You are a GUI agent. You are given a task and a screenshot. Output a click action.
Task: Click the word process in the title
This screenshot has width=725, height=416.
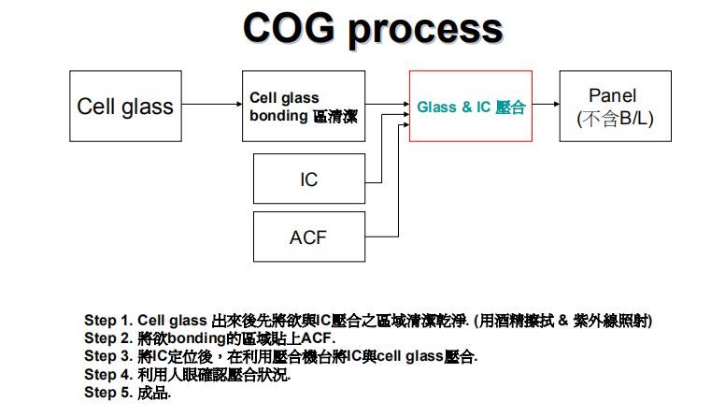coord(425,30)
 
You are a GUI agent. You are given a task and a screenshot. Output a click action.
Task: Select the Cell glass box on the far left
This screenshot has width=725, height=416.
coord(125,106)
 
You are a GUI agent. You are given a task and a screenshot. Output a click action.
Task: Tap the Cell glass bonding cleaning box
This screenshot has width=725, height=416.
coord(303,106)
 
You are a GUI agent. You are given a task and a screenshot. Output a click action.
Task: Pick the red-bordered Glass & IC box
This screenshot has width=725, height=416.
coord(471,106)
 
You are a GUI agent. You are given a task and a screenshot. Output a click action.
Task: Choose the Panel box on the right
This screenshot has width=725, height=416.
coord(615,106)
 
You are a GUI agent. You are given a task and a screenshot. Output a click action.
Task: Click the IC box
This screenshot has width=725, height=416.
coord(309,179)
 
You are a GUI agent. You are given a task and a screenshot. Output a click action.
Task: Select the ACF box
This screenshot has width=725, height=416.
coord(309,237)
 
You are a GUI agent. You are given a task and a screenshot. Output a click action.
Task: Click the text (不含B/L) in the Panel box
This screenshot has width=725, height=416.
coord(615,119)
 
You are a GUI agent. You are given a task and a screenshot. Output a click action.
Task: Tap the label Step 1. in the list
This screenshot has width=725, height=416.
coord(107,321)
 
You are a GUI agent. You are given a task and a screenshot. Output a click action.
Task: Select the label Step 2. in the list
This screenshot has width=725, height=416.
coord(107,337)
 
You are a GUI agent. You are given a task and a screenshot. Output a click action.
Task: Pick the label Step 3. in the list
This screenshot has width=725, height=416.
coord(107,355)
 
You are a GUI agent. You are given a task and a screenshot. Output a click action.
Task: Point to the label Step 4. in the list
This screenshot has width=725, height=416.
coord(107,374)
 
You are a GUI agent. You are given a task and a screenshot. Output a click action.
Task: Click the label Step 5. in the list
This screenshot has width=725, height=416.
coord(107,392)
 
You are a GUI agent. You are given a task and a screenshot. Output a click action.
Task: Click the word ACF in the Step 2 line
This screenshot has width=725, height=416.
coord(317,337)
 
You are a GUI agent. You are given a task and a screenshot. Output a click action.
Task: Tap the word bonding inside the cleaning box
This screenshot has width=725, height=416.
coord(278,117)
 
